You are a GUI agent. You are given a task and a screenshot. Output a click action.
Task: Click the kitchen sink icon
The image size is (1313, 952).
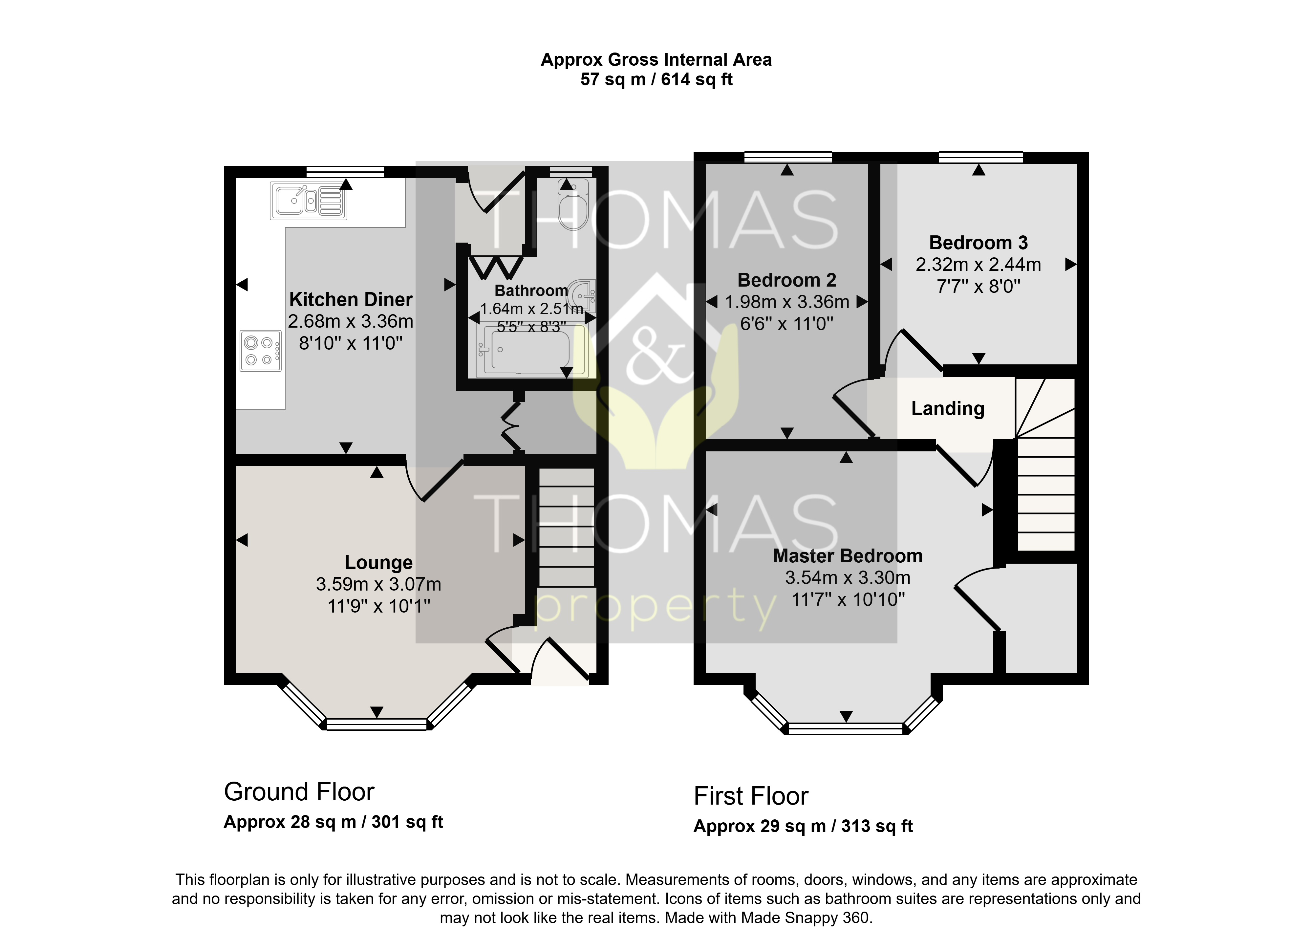point(309,201)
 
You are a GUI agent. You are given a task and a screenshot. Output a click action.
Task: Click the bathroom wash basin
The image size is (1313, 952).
point(581,296)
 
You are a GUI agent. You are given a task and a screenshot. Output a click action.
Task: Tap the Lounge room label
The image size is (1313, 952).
point(378,562)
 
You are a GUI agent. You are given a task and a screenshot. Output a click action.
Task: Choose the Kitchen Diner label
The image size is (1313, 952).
point(351,299)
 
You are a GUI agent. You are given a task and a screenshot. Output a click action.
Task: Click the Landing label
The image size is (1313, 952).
point(948,409)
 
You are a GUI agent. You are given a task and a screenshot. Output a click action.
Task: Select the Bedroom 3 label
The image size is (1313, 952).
point(979,243)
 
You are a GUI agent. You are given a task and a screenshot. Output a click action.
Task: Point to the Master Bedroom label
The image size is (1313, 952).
point(848,556)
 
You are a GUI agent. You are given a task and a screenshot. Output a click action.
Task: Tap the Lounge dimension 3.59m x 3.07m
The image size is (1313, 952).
point(378,584)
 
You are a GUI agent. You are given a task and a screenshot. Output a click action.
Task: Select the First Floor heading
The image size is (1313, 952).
point(751,796)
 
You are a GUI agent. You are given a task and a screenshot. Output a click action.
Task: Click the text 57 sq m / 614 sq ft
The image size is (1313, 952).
point(656,79)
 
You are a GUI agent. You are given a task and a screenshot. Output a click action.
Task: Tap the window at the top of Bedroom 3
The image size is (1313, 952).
point(981,157)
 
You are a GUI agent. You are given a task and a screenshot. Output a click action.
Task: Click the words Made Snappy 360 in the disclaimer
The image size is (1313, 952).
point(805,918)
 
